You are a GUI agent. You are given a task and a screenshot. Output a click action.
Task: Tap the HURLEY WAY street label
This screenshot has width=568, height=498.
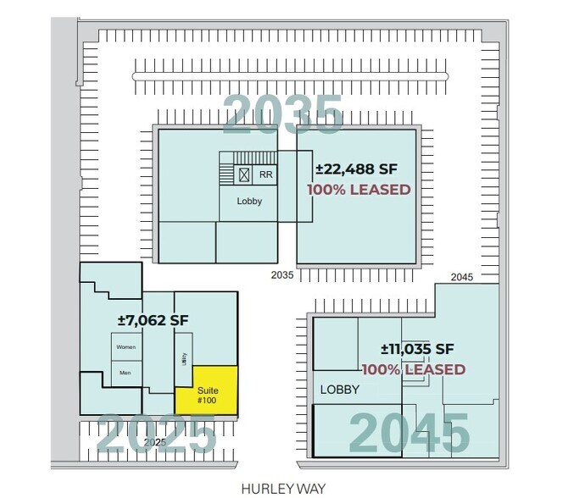(x=271, y=489)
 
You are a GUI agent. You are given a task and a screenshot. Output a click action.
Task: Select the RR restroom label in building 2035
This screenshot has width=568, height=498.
(x=265, y=174)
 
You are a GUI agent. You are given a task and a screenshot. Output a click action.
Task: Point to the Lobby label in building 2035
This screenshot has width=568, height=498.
(x=249, y=202)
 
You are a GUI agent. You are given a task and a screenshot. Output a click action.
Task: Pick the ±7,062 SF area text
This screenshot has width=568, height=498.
(x=153, y=321)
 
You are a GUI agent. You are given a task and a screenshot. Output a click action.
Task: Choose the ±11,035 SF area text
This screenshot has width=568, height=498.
(x=417, y=349)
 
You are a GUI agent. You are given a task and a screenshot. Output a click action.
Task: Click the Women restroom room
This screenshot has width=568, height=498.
(x=125, y=347)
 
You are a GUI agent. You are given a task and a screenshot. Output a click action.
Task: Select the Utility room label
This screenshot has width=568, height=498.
(x=184, y=360)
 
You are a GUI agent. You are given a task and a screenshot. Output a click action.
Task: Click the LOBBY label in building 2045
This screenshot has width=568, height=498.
(x=339, y=390)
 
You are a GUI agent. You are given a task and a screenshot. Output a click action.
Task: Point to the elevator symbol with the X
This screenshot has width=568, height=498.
(x=243, y=174)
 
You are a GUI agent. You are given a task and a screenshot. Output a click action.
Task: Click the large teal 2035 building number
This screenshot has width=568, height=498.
(x=283, y=113)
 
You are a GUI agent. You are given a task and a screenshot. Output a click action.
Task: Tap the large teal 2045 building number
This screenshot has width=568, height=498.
(x=409, y=433)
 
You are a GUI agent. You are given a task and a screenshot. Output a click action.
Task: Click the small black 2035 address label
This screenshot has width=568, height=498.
(x=282, y=275)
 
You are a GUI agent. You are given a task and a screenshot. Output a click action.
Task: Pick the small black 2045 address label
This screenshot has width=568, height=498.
(x=462, y=277)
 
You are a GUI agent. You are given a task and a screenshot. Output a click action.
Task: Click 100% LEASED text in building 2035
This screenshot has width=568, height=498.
(x=359, y=189)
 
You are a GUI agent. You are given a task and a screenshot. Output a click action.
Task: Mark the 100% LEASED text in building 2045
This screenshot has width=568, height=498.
(x=414, y=369)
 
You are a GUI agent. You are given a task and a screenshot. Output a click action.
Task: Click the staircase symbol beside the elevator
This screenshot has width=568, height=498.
(x=226, y=169)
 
